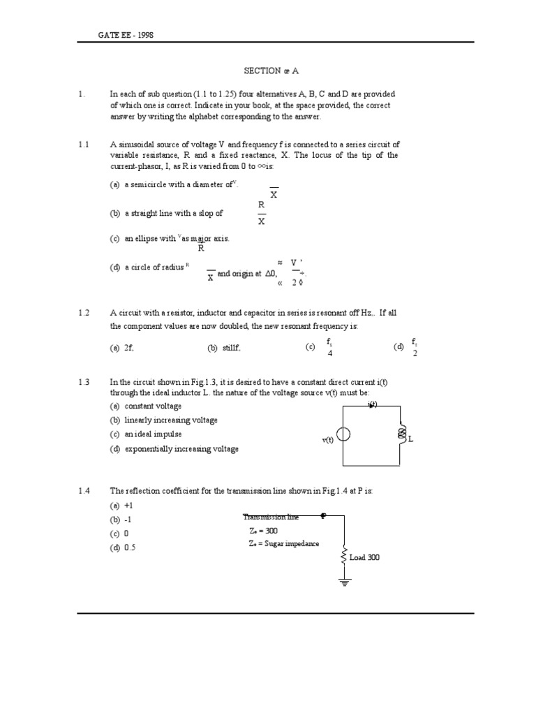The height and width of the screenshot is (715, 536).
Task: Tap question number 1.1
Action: coord(84,145)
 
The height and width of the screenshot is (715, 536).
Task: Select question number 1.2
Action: coord(84,314)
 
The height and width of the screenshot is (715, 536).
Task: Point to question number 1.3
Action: coord(84,382)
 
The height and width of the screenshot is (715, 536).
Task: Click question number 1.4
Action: coord(84,492)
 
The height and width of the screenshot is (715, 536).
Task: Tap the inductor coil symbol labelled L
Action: coord(401,435)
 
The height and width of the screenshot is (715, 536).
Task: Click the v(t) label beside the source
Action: coord(327,440)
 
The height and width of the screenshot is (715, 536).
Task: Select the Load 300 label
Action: coord(364,557)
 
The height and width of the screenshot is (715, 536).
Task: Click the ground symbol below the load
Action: coord(343,581)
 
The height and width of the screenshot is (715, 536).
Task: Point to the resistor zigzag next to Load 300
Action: coord(343,556)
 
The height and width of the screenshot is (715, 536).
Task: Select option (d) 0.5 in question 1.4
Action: coord(123,548)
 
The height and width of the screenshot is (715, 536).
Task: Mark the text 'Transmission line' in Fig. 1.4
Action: coord(271,517)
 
